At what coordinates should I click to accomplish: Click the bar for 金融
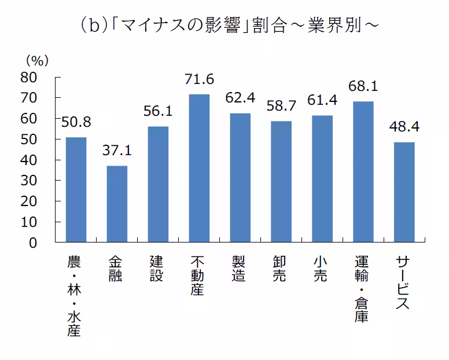[117, 204]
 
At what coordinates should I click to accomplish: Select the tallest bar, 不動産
[199, 168]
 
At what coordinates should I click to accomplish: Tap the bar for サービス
[404, 192]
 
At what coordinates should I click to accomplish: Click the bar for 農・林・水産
[76, 190]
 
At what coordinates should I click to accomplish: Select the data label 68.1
[363, 86]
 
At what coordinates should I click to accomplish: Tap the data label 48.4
[404, 127]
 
